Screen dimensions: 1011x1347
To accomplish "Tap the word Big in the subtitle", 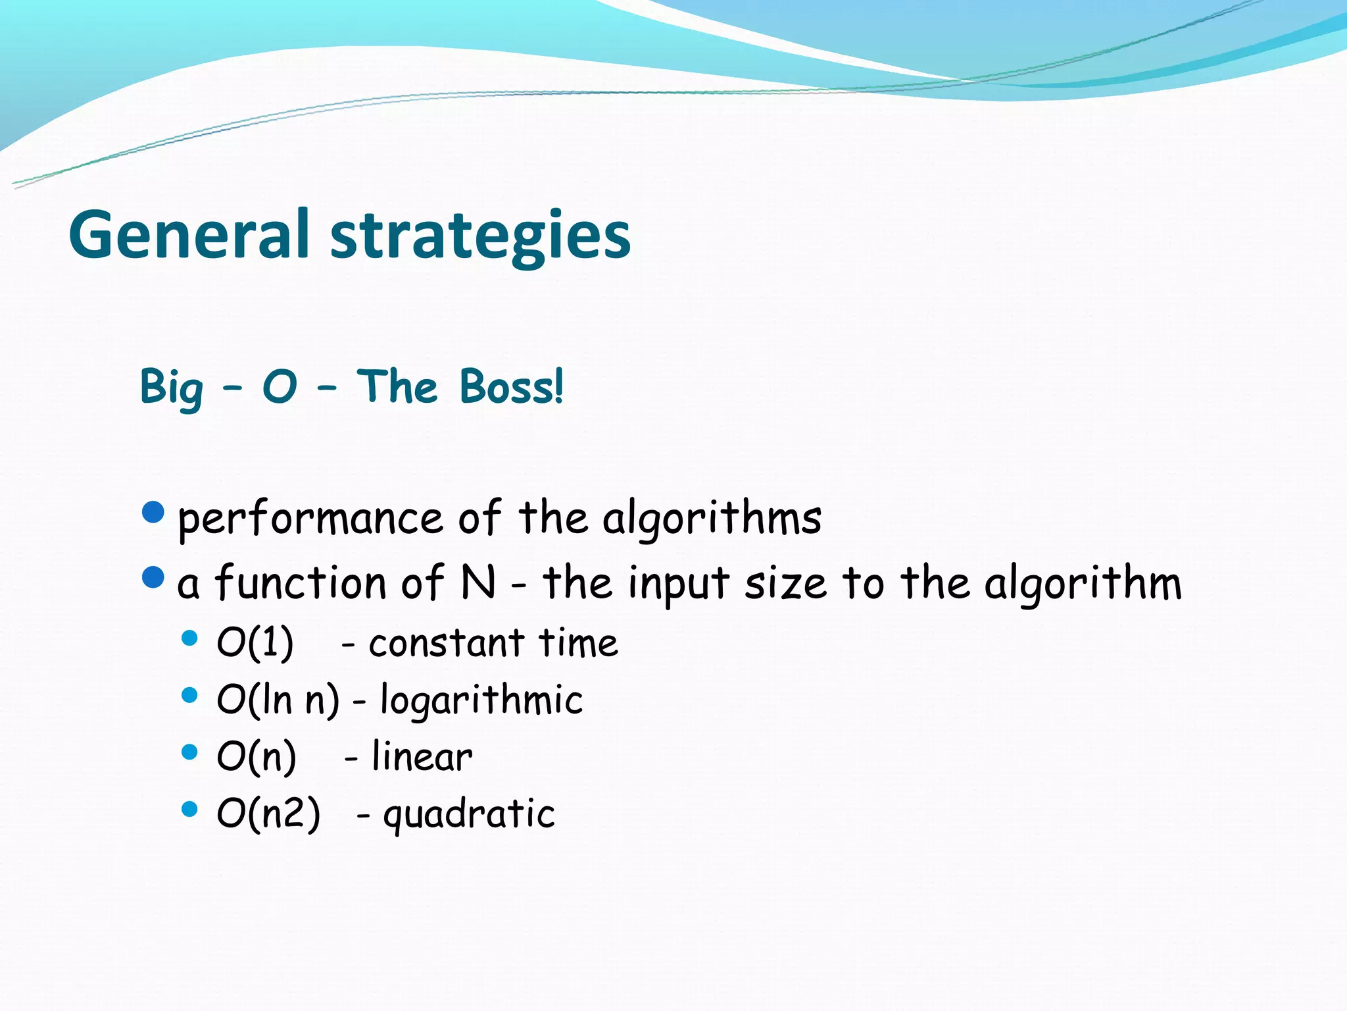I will pyautogui.click(x=171, y=388).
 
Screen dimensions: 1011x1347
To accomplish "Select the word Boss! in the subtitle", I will pyautogui.click(x=511, y=386).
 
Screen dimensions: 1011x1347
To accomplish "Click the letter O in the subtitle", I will pyautogui.click(x=280, y=387).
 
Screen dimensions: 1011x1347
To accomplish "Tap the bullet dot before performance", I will pyautogui.click(x=153, y=512).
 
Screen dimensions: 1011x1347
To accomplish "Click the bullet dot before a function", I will pyautogui.click(x=153, y=577).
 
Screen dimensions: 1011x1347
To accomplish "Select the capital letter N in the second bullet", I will pyautogui.click(x=478, y=583).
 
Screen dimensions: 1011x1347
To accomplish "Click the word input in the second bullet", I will pyautogui.click(x=678, y=584).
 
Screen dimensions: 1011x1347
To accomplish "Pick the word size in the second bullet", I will pyautogui.click(x=785, y=584).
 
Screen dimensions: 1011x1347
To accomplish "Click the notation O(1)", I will pyautogui.click(x=255, y=643).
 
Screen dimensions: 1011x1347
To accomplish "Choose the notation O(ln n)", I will pyautogui.click(x=278, y=700).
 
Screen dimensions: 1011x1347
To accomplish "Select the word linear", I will pyautogui.click(x=422, y=757).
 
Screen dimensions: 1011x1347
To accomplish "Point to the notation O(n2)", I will pyautogui.click(x=268, y=814).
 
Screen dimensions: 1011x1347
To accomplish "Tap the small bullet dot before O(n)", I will pyautogui.click(x=189, y=752).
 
